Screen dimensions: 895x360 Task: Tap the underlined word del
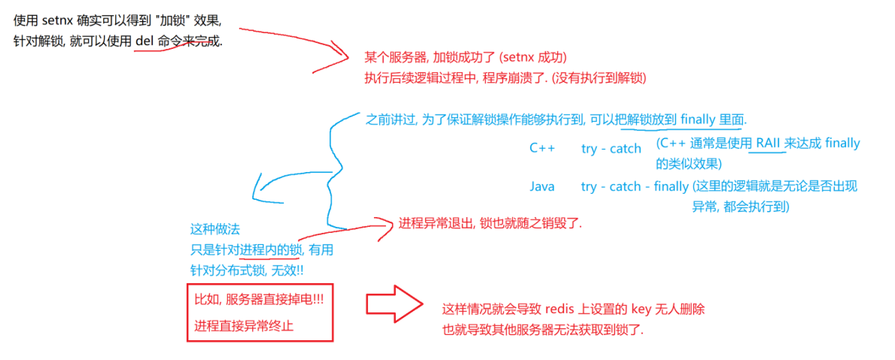(x=144, y=41)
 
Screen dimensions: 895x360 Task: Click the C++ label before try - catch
(x=542, y=148)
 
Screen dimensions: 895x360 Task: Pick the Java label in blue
(x=542, y=187)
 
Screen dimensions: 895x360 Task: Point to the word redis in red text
(x=559, y=309)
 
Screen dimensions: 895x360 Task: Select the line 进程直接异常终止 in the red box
(x=244, y=326)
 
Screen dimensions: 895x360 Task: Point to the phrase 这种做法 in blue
(x=215, y=230)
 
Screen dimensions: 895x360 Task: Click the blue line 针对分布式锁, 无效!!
(x=247, y=270)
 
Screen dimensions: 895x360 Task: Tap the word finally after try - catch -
(x=671, y=187)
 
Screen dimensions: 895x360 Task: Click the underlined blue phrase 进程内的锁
(x=271, y=250)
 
